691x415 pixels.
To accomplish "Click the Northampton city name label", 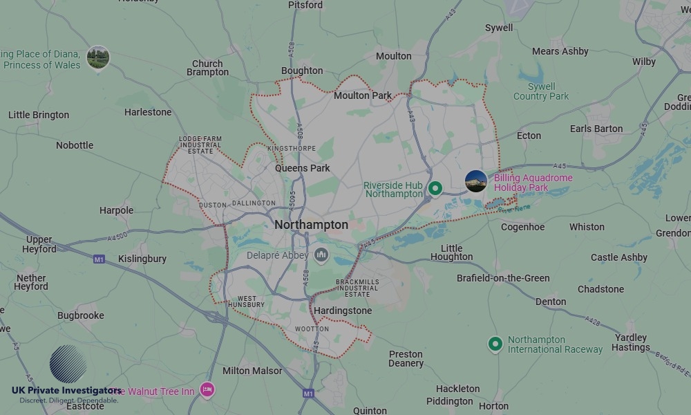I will point(311,225).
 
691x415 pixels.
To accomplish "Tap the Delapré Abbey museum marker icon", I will point(321,255).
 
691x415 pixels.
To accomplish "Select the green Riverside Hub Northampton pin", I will point(435,187).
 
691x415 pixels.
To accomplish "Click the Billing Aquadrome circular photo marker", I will point(476,181).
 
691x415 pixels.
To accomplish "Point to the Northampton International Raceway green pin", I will point(495,343).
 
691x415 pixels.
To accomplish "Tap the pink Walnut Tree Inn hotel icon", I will point(207,390).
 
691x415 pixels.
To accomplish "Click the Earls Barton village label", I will point(596,129).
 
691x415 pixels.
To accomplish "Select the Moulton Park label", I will point(362,95).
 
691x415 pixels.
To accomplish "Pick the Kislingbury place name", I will point(142,259).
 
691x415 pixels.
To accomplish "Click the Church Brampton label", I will point(207,68).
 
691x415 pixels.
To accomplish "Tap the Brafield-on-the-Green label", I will point(503,278).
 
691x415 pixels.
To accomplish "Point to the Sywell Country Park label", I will point(541,91).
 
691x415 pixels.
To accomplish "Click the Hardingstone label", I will point(343,311).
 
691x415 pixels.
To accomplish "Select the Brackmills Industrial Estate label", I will point(358,288).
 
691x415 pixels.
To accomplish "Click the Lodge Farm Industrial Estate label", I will point(200,145).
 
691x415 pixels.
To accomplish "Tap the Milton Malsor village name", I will point(252,371).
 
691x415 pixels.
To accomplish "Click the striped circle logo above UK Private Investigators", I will point(68,364).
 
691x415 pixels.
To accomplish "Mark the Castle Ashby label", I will point(619,257).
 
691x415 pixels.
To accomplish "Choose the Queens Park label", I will point(303,168).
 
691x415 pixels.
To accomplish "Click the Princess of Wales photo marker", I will point(98,57).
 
